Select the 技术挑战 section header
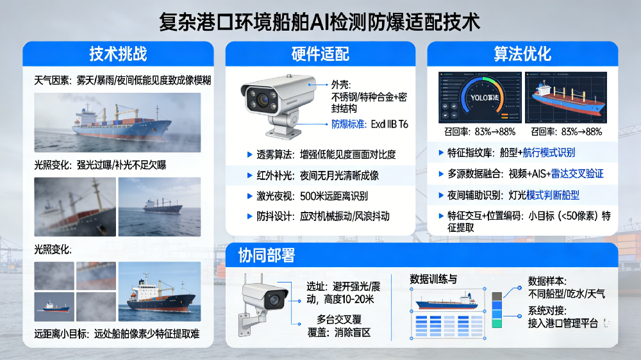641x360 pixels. coord(118,54)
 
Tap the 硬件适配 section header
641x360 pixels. coord(320,54)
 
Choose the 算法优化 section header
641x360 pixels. coord(522,54)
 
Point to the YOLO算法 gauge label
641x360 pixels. coord(481,97)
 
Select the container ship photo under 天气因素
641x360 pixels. coord(117,122)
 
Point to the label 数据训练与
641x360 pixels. coord(433,279)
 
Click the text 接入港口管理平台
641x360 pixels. coord(563,323)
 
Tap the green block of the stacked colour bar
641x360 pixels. coord(496,323)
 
